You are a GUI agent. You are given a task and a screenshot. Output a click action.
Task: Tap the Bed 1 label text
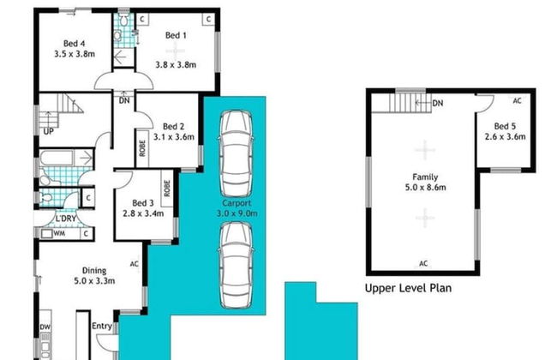(176, 35)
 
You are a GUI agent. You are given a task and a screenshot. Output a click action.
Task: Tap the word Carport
(234, 204)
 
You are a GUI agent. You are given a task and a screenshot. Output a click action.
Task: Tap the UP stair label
(49, 130)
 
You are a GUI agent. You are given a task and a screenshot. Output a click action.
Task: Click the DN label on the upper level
(437, 104)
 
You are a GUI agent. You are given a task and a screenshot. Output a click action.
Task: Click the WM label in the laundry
(59, 231)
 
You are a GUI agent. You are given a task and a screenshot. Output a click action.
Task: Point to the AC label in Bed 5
(516, 99)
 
